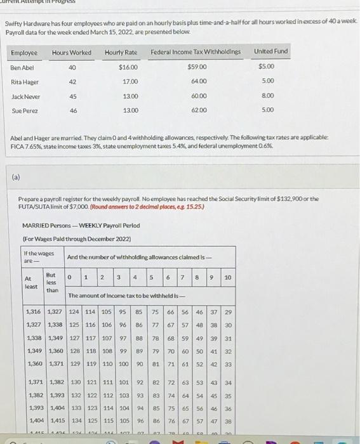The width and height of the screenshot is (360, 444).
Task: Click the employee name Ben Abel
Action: pyautogui.click(x=22, y=67)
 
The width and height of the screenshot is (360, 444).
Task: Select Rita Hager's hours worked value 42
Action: pyautogui.click(x=72, y=81)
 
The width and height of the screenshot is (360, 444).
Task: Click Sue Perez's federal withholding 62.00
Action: pyautogui.click(x=198, y=110)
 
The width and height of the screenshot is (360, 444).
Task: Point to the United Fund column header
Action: pyautogui.click(x=271, y=51)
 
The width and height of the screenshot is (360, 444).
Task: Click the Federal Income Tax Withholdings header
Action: pyautogui.click(x=196, y=51)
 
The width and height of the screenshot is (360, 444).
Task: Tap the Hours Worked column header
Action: pyautogui.click(x=71, y=52)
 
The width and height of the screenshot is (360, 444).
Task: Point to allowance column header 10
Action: pyautogui.click(x=227, y=278)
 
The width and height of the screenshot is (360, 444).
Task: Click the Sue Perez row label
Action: pyautogui.click(x=24, y=111)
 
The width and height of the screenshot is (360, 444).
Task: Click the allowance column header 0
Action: pyautogui.click(x=75, y=278)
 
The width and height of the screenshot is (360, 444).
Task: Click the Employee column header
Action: pyautogui.click(x=24, y=52)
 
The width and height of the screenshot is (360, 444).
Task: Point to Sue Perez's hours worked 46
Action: pyautogui.click(x=72, y=110)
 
